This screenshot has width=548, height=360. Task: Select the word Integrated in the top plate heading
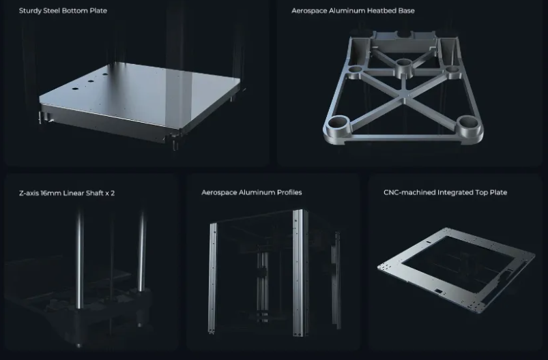pos(455,192)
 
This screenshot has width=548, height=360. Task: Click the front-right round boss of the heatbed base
pos(468,126)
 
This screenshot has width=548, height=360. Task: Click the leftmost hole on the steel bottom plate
pos(75,89)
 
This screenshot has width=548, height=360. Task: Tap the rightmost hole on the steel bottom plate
pos(105,74)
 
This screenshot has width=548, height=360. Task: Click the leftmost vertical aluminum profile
pos(212,277)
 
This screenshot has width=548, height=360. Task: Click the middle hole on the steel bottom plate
pos(91,81)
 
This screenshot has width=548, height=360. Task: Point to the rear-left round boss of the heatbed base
pos(356,70)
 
